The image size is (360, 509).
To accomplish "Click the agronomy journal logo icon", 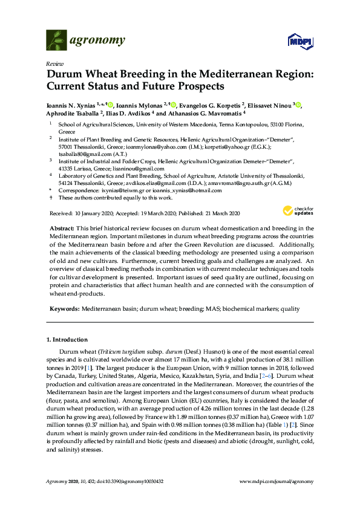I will (x=56, y=41).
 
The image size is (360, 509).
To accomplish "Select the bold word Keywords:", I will (x=64, y=308).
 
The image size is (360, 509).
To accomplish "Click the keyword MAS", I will (x=214, y=308).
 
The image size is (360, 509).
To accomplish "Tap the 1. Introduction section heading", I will (x=67, y=340).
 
